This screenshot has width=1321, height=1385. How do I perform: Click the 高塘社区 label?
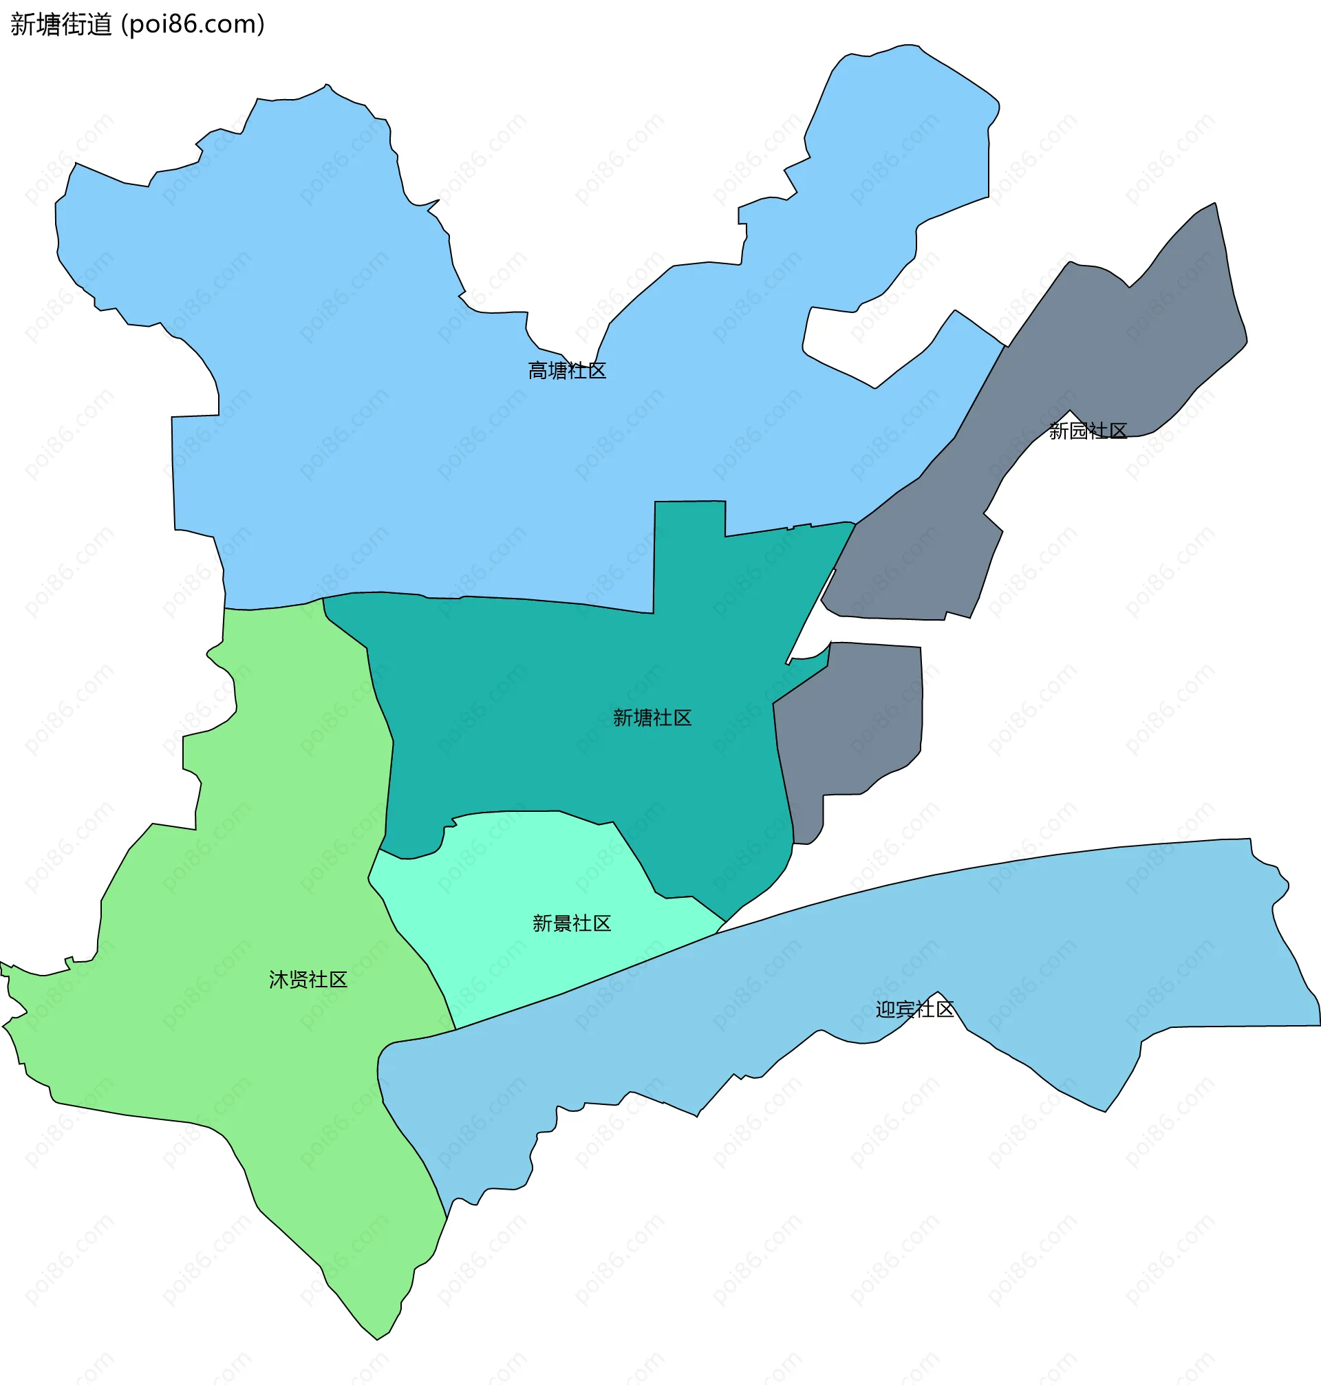coord(567,370)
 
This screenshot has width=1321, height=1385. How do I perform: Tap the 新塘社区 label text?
coord(652,718)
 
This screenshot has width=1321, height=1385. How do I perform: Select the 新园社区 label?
coord(1088,430)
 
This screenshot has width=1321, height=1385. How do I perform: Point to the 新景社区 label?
coord(572,923)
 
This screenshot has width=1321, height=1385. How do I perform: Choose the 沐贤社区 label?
coord(308,980)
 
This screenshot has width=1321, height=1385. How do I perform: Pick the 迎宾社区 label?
coord(914,1009)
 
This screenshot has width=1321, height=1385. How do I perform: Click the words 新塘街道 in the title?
coord(61,25)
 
